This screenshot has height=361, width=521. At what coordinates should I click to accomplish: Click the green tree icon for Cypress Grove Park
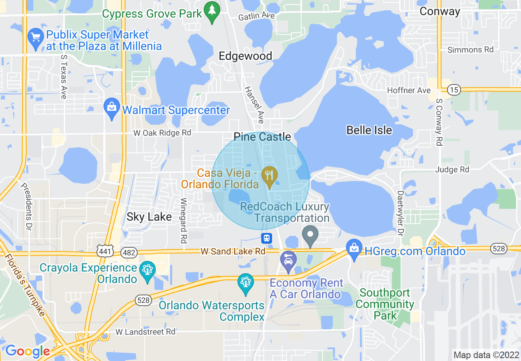pos(212,13)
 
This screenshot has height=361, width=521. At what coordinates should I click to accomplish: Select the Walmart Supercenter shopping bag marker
pos(112,109)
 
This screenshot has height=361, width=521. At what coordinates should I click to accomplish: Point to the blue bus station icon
pos(267,238)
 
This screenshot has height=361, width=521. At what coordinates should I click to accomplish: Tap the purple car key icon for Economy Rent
pos(288,261)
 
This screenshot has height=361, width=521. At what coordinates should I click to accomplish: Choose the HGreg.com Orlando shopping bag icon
pos(354,249)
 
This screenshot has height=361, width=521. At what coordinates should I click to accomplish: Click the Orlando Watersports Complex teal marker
pos(246,283)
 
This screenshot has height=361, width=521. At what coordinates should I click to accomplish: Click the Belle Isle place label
pos(369,130)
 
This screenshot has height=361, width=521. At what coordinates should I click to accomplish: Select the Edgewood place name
pos(245,56)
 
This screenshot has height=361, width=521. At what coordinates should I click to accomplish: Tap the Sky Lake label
pos(149,217)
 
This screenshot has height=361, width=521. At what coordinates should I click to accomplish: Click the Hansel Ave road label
pos(254,105)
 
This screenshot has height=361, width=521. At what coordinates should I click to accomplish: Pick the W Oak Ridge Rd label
pos(162,133)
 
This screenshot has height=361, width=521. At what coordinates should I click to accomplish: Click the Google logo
pos(28,351)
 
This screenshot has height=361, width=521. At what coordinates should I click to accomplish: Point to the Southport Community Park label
pos(385,304)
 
